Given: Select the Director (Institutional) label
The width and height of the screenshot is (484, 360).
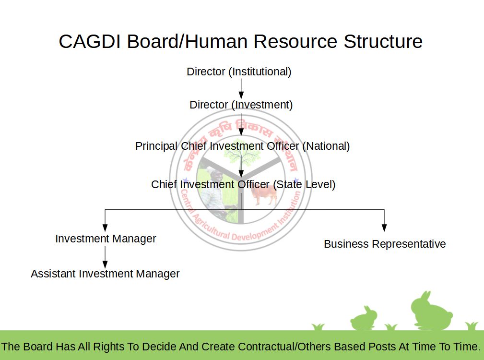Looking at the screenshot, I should (239, 72).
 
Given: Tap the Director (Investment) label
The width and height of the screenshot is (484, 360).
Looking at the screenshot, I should (241, 105).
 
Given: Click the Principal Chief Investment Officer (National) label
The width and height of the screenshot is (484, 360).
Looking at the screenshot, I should (242, 146).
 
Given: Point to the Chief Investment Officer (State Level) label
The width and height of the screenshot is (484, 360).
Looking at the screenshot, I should (243, 184).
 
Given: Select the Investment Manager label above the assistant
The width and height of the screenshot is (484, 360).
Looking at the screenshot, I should (106, 239).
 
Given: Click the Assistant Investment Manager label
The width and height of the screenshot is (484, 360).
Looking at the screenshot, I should (105, 274).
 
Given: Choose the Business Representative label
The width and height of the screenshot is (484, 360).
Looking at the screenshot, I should (385, 244).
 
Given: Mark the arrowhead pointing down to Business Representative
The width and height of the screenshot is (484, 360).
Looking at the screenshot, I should (384, 228).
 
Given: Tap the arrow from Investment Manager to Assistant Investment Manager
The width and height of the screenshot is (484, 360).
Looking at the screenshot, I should (105, 257).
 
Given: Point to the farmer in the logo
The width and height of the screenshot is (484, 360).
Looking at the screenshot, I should (214, 190).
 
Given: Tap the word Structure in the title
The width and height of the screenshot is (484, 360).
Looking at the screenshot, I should (383, 41).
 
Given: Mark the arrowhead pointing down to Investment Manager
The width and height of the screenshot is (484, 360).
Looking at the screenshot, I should (105, 228).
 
